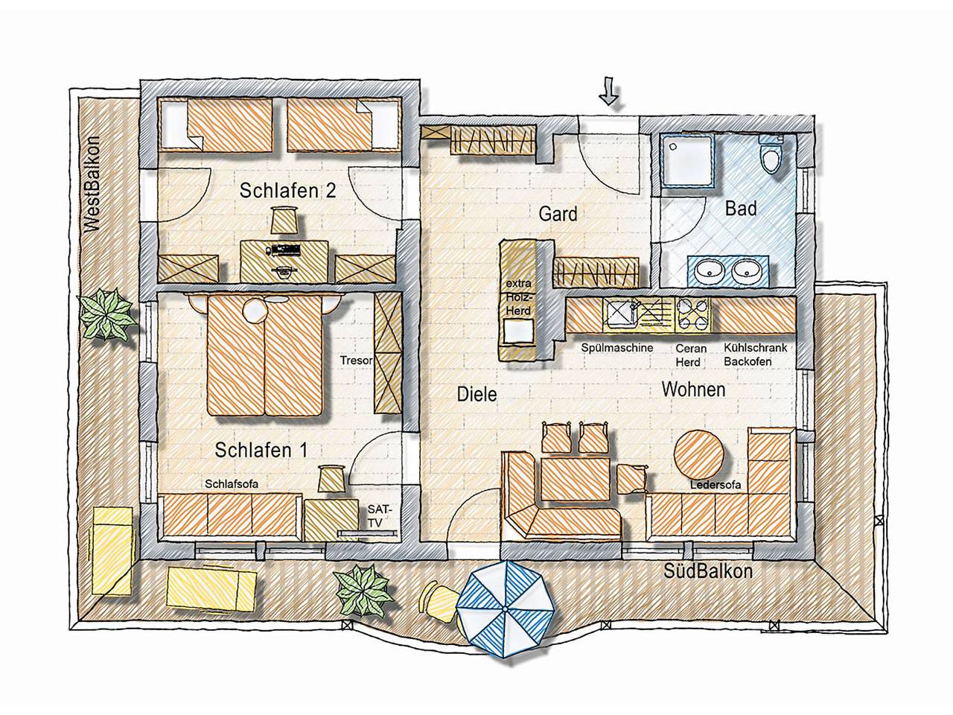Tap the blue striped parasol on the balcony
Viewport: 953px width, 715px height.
point(506,606)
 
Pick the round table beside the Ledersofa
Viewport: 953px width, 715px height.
point(700,454)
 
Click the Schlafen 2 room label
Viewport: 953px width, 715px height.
point(287,191)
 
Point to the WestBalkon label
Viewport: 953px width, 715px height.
point(93,185)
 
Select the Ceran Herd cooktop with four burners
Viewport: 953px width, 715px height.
point(692,315)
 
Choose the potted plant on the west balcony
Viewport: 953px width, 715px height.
point(107,314)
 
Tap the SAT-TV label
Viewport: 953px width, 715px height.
point(378,515)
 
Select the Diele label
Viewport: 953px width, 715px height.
point(476,394)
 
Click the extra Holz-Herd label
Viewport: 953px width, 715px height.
point(518,296)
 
